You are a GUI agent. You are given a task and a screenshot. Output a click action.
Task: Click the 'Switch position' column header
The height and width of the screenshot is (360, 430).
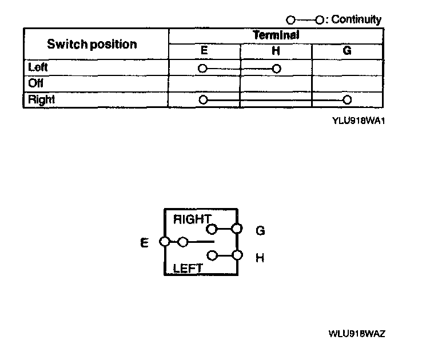(x=91, y=44)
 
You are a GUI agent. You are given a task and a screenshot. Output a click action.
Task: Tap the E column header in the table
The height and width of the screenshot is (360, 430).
(x=204, y=51)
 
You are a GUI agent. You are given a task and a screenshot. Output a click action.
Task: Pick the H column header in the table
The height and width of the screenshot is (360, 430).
(x=276, y=51)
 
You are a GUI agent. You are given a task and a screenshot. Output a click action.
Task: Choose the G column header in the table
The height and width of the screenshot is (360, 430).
(x=347, y=51)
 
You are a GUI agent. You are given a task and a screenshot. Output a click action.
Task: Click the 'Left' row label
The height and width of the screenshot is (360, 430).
(x=38, y=67)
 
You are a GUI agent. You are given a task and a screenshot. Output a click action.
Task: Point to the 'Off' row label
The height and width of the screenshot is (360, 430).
(x=36, y=83)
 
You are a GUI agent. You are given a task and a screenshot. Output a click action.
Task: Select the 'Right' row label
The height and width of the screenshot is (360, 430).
(x=41, y=99)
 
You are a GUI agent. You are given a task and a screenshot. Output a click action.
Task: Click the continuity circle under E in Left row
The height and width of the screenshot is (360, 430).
(x=202, y=69)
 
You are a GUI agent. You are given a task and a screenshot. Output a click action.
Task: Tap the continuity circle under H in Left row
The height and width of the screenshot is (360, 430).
(x=277, y=69)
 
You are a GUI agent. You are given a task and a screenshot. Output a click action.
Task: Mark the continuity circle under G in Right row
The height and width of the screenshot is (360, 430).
(x=347, y=100)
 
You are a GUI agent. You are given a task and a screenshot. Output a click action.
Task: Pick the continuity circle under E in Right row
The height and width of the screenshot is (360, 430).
(x=202, y=100)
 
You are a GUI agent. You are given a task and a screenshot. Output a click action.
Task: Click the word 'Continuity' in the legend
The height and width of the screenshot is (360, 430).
(x=356, y=19)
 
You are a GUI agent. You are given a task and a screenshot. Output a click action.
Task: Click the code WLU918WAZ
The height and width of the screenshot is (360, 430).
(x=356, y=333)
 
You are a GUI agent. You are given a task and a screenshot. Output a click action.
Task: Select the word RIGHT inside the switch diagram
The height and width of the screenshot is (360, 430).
(x=192, y=219)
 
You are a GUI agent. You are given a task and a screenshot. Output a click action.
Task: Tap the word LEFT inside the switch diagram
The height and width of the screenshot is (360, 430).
(x=188, y=267)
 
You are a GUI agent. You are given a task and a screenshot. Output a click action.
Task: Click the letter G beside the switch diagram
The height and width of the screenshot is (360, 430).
(x=260, y=231)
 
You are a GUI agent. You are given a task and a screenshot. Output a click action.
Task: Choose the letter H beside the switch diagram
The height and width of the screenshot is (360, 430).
(x=260, y=258)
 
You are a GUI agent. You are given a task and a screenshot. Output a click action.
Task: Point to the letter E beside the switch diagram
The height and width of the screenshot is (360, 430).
(x=144, y=243)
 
